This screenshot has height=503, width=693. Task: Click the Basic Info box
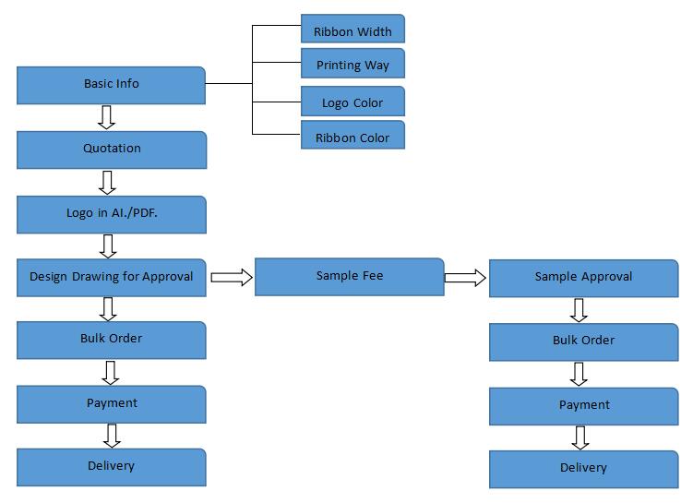111,85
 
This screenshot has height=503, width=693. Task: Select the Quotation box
111,149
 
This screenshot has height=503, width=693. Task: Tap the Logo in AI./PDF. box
111,213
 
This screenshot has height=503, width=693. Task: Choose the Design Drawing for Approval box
111,277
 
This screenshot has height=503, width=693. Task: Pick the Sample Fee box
349,277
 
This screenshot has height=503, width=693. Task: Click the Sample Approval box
583,278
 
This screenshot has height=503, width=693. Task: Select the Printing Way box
352,65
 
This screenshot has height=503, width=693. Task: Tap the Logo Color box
352,102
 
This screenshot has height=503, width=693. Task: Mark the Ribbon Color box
352,137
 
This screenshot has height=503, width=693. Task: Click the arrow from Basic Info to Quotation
107,117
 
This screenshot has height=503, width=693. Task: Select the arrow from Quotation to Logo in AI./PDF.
107,181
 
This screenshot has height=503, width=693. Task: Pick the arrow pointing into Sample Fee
232,277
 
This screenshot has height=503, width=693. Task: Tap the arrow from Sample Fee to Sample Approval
465,277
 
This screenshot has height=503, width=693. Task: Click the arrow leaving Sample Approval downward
579,309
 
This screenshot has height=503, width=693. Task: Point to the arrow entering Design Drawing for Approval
108,246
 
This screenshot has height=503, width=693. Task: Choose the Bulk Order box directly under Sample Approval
583,341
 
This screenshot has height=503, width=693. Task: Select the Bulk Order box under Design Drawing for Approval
111,340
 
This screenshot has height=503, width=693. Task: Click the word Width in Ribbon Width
373,31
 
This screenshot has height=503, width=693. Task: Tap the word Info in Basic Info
127,84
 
